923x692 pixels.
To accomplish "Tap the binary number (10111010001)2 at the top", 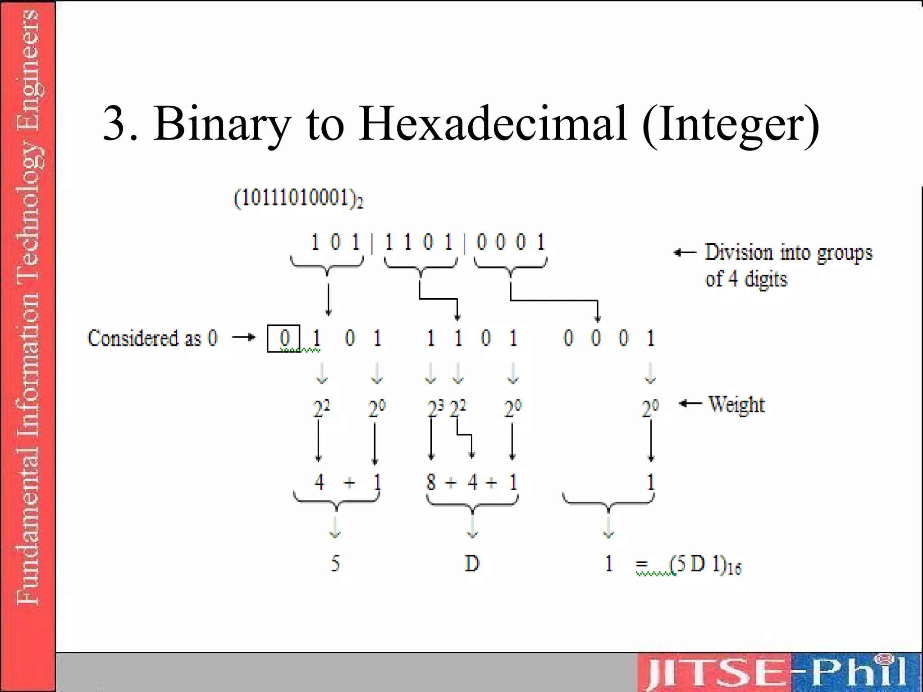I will (x=298, y=198).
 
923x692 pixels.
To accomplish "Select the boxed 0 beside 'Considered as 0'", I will (x=283, y=338).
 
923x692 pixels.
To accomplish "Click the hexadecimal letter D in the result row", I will (x=472, y=564).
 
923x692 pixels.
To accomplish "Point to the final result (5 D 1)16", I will (x=705, y=565).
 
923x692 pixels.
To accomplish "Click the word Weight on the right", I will (x=736, y=404).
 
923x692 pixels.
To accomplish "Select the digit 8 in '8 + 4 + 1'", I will (x=431, y=483).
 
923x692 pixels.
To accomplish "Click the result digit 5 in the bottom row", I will (x=335, y=564).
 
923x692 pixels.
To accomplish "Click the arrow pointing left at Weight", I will (x=690, y=403).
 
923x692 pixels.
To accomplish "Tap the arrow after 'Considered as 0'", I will (x=244, y=337).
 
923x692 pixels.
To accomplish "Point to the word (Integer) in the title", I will (x=730, y=123).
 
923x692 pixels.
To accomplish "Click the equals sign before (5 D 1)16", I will (x=642, y=564).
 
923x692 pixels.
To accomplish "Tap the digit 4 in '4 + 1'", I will (x=319, y=483).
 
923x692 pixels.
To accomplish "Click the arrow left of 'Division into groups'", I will (x=685, y=253).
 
